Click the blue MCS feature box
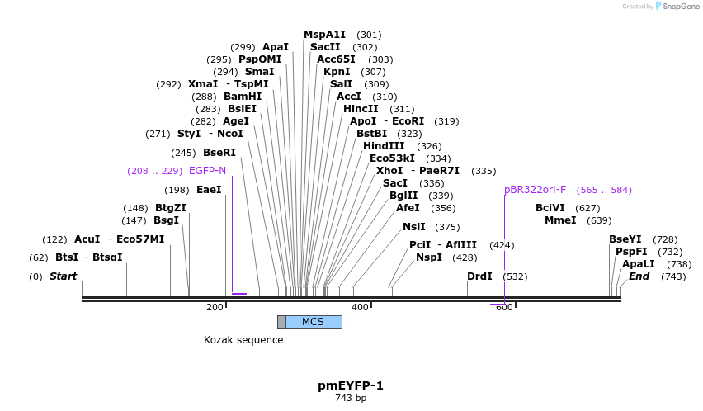click(314, 322)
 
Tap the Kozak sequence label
click(243, 340)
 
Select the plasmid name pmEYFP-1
click(351, 385)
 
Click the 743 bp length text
click(351, 399)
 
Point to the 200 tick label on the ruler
click(215, 308)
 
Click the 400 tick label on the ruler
click(360, 308)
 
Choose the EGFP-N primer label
click(207, 171)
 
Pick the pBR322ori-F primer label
click(535, 190)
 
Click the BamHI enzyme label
click(243, 97)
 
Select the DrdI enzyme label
click(479, 277)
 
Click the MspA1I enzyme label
click(325, 35)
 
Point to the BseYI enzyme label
click(625, 239)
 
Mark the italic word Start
click(63, 276)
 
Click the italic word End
click(639, 276)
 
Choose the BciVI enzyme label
click(550, 208)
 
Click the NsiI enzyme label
click(414, 227)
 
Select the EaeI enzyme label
click(209, 190)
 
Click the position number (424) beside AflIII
click(502, 245)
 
